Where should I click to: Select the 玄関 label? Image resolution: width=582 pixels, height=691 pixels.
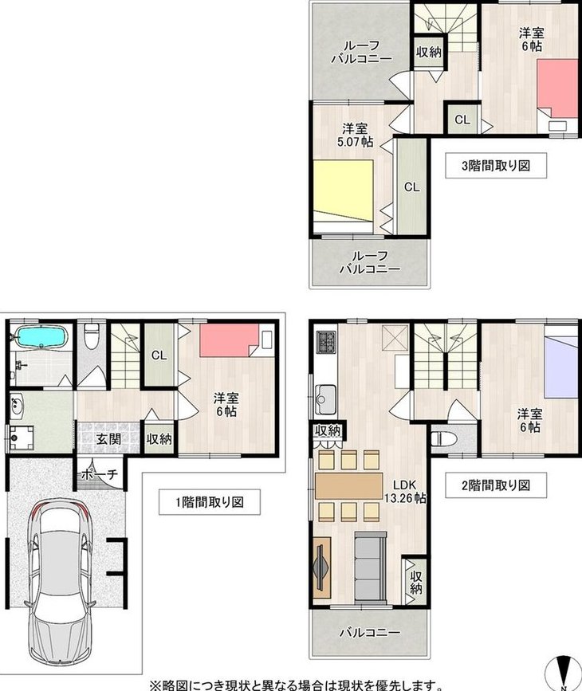108,439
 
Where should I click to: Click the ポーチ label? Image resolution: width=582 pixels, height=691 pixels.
100,474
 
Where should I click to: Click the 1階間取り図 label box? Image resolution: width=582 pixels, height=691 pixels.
210,502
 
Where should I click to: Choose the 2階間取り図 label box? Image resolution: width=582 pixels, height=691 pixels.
496,485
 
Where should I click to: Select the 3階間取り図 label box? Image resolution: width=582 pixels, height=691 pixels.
496,166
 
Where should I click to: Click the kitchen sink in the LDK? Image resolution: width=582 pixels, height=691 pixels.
325,399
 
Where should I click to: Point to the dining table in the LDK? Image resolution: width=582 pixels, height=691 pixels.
349,486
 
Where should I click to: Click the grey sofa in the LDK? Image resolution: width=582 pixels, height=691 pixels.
371,567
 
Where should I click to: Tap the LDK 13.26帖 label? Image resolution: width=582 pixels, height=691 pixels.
405,492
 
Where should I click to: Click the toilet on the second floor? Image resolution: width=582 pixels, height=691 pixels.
441,439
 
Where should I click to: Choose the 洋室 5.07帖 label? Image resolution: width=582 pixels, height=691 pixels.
355,135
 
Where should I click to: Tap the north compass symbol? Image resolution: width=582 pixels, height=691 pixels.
564,671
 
